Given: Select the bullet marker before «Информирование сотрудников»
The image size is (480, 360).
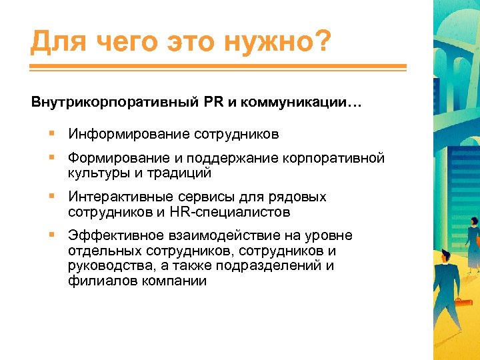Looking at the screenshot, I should click(x=51, y=134).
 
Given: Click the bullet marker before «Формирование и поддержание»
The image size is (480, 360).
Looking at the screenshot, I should click(x=51, y=159).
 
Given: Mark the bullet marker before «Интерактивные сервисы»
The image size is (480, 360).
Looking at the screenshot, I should click(x=51, y=197).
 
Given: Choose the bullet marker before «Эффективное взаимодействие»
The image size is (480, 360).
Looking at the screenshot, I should click(x=51, y=236).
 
